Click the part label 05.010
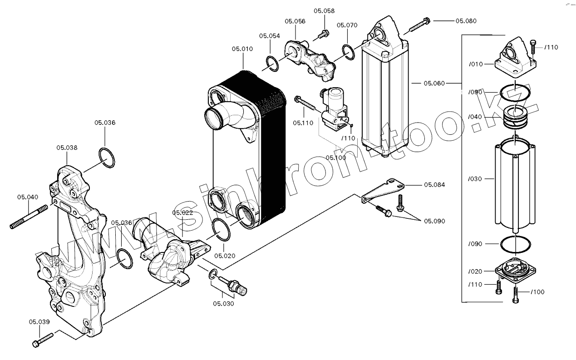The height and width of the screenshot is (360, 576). coord(242,49)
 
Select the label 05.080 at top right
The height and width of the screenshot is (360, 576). coord(466,21)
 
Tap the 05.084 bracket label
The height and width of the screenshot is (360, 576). coord(434,185)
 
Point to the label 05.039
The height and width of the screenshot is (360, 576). coord(39,322)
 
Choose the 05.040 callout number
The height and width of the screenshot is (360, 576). coord(28,197)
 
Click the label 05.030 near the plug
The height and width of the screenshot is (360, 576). coord(223,304)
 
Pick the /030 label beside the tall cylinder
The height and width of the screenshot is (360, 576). coord(475,179)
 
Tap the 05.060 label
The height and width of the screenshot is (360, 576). coord(434,83)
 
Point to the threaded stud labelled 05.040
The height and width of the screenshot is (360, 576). coord(28,217)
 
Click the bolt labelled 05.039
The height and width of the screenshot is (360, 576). coord(43,339)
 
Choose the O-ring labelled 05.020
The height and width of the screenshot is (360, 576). coord(221,229)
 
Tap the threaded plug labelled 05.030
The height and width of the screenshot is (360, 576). coord(234,285)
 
